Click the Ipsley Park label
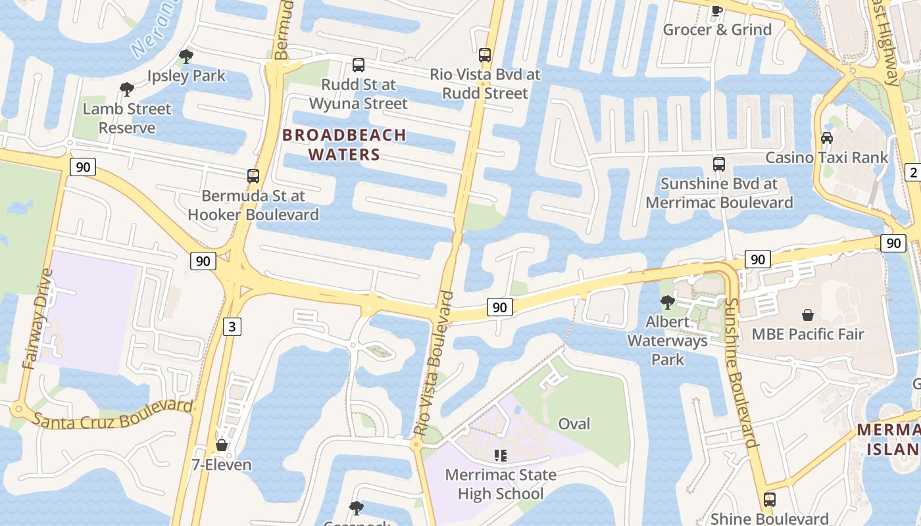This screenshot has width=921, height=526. (x=186, y=76)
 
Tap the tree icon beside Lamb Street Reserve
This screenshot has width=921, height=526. (x=126, y=89)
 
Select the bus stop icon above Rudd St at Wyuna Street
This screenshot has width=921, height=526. (x=359, y=65)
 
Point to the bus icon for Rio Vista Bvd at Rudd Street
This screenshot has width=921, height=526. (x=485, y=55)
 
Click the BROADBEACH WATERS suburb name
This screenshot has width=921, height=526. (x=345, y=145)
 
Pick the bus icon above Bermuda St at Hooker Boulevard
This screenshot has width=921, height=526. (x=253, y=176)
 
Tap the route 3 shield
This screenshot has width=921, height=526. (x=231, y=326)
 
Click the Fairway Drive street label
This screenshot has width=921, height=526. (x=37, y=319)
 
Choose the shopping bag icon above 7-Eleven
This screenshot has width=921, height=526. (x=222, y=446)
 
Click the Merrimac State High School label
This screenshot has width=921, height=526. (x=500, y=484)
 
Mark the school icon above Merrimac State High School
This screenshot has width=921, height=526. (x=500, y=455)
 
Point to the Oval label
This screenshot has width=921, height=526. (x=574, y=423)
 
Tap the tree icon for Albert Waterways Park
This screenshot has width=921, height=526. (x=667, y=302)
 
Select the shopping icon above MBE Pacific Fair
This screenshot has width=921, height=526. (x=807, y=315)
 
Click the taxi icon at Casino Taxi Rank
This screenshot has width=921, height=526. (x=827, y=138)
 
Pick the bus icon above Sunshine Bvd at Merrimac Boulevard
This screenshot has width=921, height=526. (x=719, y=164)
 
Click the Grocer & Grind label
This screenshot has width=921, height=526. (x=717, y=30)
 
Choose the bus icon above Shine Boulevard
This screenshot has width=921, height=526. (x=769, y=500)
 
